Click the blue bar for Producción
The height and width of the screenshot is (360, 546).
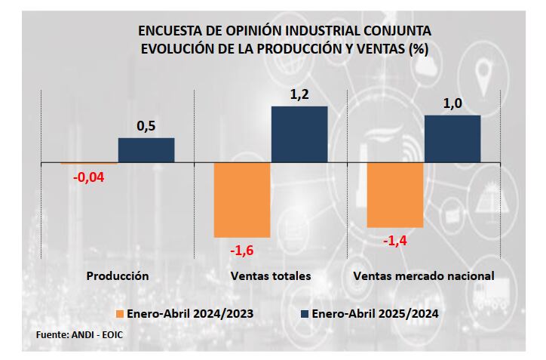click(x=146, y=150)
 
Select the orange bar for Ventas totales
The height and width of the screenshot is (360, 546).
click(x=242, y=200)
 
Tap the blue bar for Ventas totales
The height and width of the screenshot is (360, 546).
click(x=299, y=134)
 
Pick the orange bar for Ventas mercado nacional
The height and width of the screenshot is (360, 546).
click(x=394, y=195)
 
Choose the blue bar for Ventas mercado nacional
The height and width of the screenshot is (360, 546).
click(x=452, y=139)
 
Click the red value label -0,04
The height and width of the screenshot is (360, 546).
click(x=88, y=177)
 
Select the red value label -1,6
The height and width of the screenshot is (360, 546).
click(x=242, y=250)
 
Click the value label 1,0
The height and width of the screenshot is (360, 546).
click(x=452, y=103)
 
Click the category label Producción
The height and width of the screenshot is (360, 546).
click(x=118, y=276)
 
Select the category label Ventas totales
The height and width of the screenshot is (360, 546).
click(x=271, y=276)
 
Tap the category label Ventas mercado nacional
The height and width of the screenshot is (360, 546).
click(x=424, y=276)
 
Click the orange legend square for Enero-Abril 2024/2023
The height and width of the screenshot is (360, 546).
click(x=119, y=313)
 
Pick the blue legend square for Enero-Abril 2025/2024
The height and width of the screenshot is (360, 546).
click(x=305, y=313)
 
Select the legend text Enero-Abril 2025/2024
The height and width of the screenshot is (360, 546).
click(x=375, y=313)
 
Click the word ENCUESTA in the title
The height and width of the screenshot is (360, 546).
click(x=170, y=32)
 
